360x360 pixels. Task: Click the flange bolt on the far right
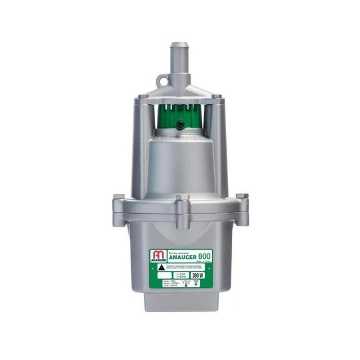tap(242, 196)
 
